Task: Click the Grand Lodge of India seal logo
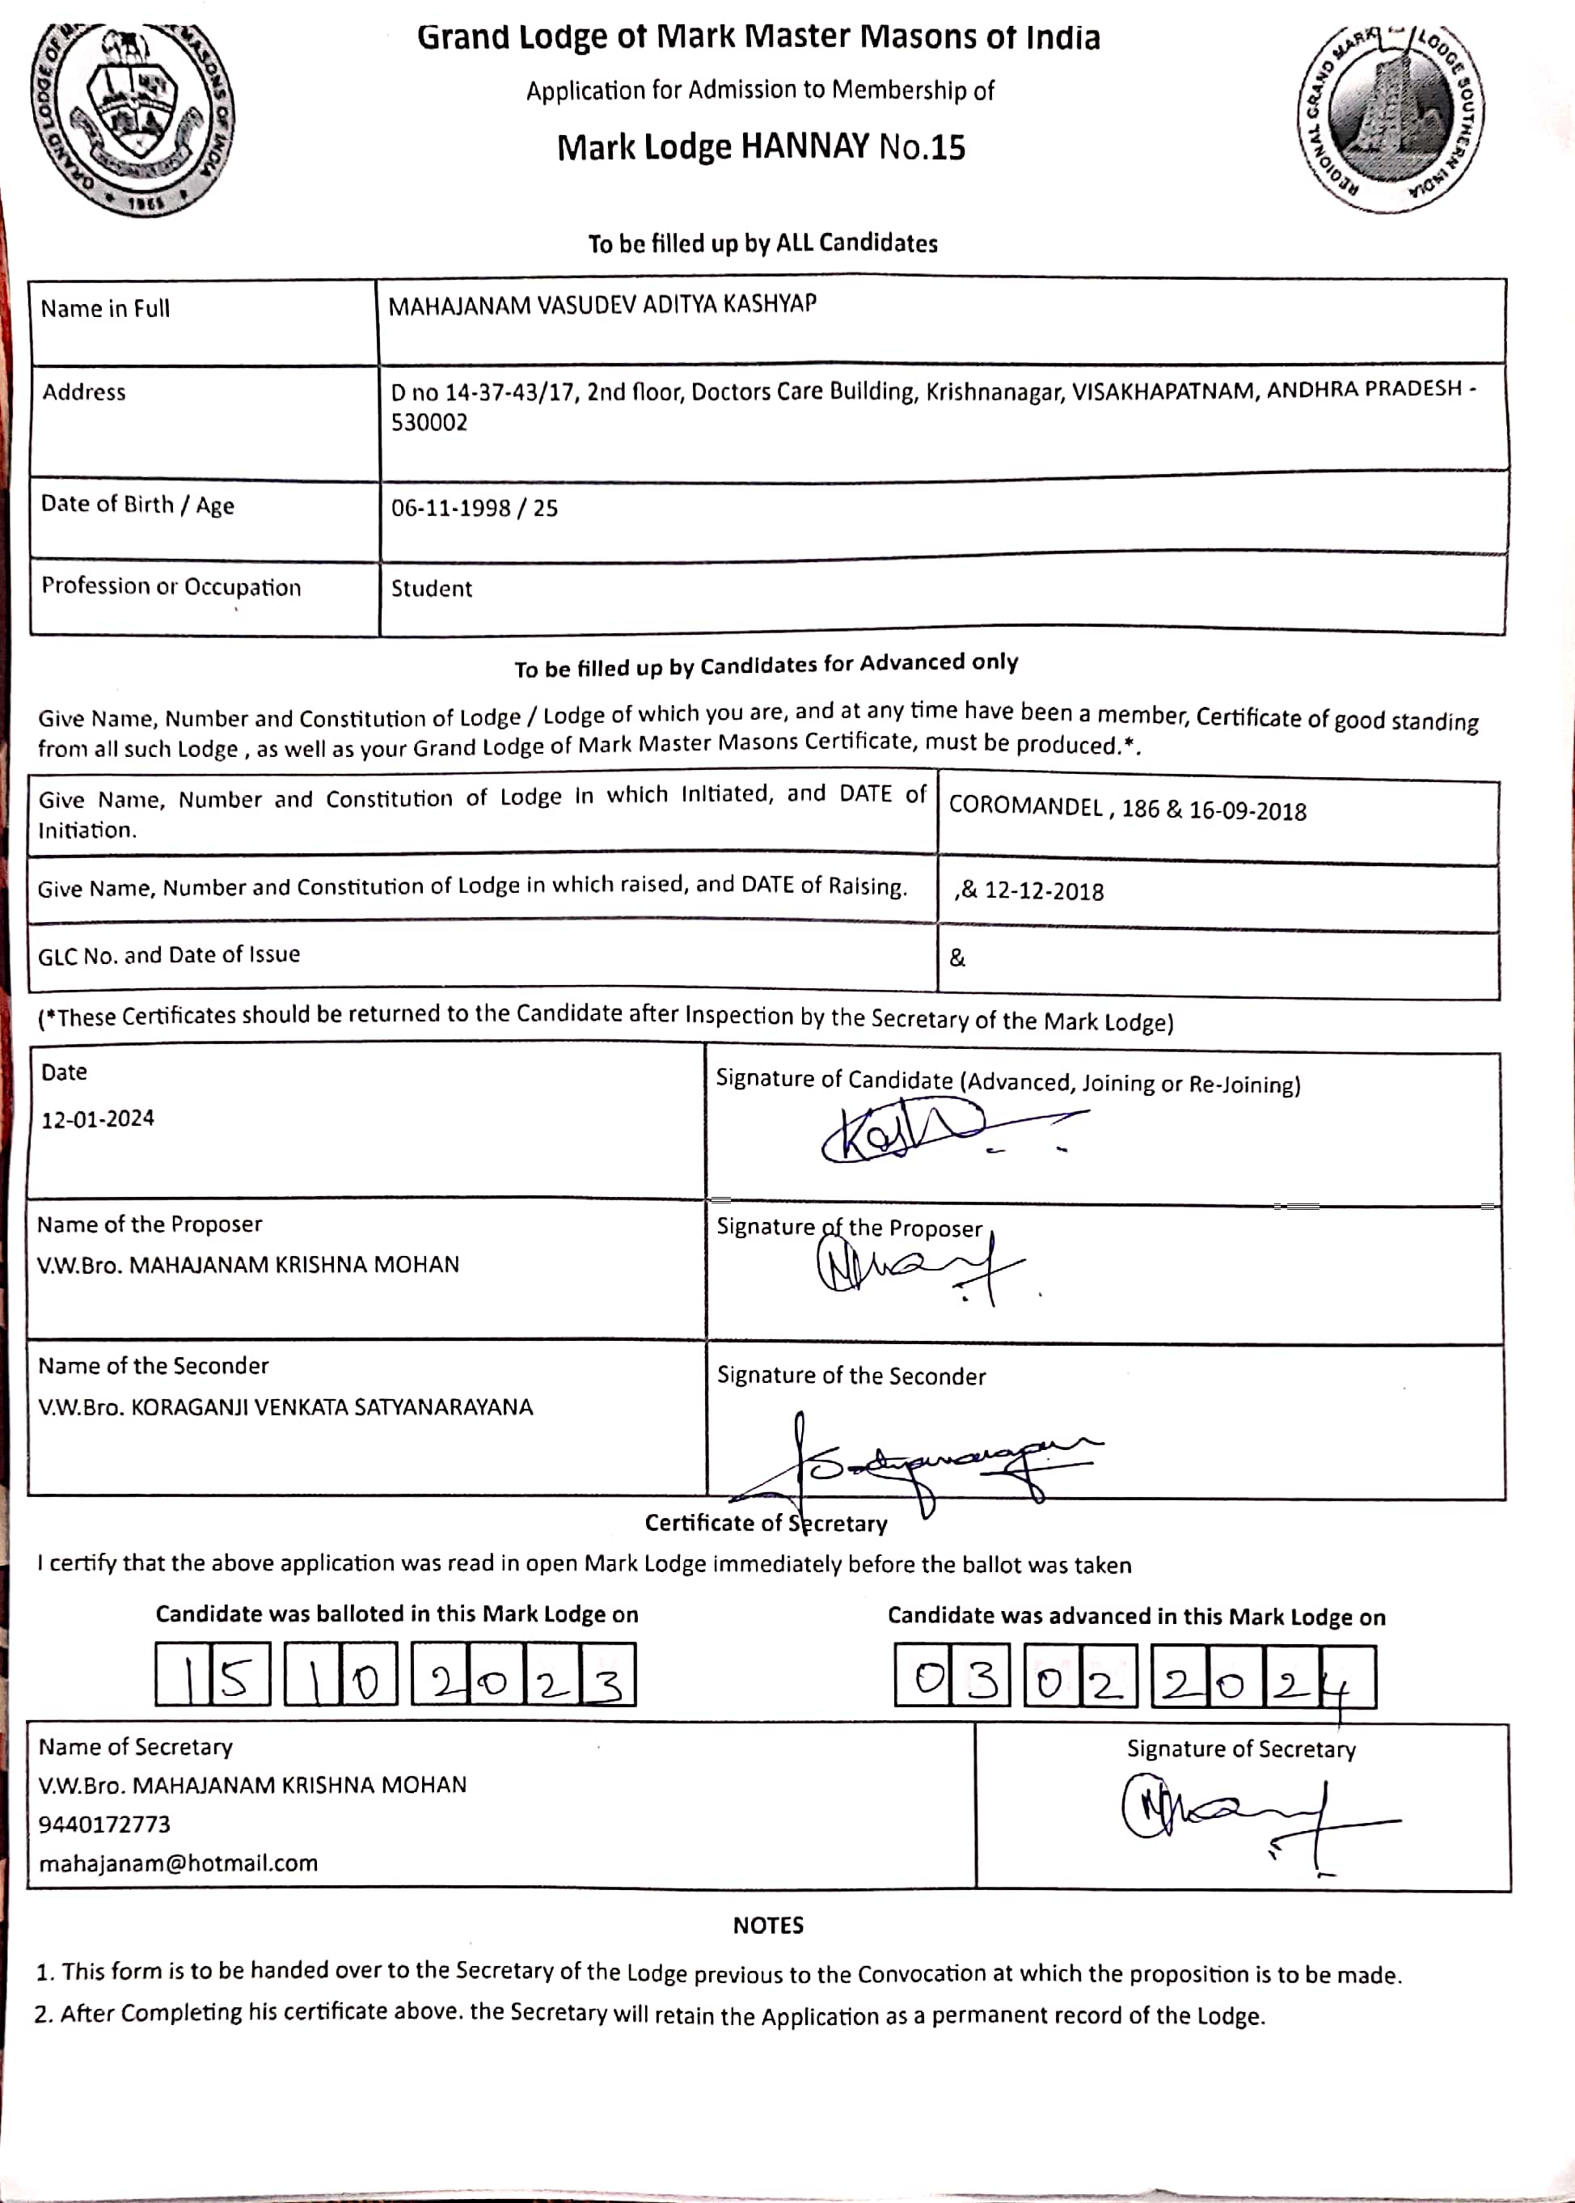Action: (133, 117)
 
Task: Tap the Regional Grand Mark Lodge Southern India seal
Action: (1390, 117)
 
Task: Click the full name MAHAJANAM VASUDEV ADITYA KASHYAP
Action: (602, 305)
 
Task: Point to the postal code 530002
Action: (429, 423)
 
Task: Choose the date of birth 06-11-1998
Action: (451, 509)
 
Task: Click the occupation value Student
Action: (432, 589)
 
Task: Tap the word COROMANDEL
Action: (1025, 807)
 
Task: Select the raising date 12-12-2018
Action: (1044, 891)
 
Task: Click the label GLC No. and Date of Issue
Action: (169, 955)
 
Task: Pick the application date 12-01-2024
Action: (97, 1118)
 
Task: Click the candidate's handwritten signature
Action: (922, 1132)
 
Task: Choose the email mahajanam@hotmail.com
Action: (178, 1863)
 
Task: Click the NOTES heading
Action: (768, 1926)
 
